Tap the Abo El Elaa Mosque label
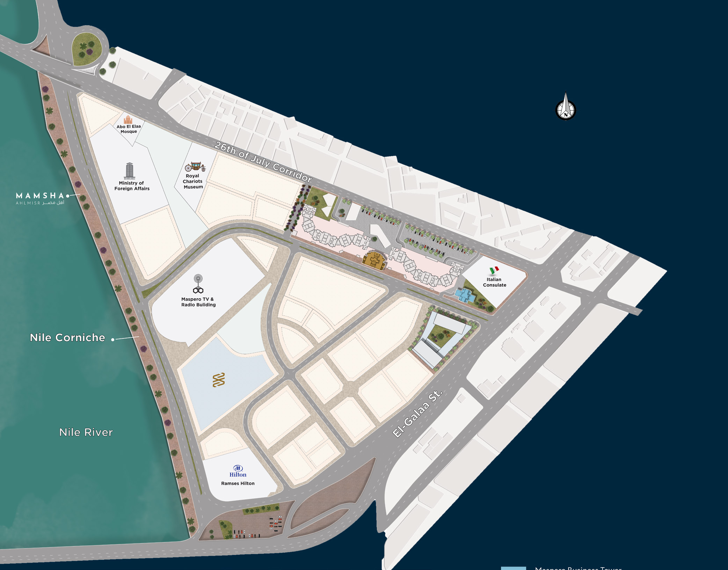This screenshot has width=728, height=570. (x=129, y=129)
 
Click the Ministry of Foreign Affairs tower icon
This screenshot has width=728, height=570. (x=130, y=171)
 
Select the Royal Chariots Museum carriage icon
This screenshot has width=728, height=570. (x=195, y=166)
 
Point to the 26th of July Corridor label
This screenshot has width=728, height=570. (x=263, y=162)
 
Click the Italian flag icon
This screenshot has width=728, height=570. (x=494, y=270)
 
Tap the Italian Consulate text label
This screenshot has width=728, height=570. (x=494, y=282)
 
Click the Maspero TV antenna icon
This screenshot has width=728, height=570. (x=198, y=284)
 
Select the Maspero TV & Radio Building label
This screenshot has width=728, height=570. (x=198, y=302)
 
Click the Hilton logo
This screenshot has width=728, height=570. (x=238, y=471)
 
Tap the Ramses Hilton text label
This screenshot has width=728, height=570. (x=238, y=483)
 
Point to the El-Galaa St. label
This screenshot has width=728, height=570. (x=417, y=414)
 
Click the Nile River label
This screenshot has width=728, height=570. (x=86, y=432)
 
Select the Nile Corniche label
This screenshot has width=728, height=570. (x=67, y=337)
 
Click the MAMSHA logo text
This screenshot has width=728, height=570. (x=40, y=196)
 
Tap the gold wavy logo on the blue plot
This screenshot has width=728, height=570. (x=219, y=380)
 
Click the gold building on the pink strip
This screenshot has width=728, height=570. (x=374, y=260)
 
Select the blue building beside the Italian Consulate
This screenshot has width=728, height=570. (x=465, y=295)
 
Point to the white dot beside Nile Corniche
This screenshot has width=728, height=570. (x=113, y=339)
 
